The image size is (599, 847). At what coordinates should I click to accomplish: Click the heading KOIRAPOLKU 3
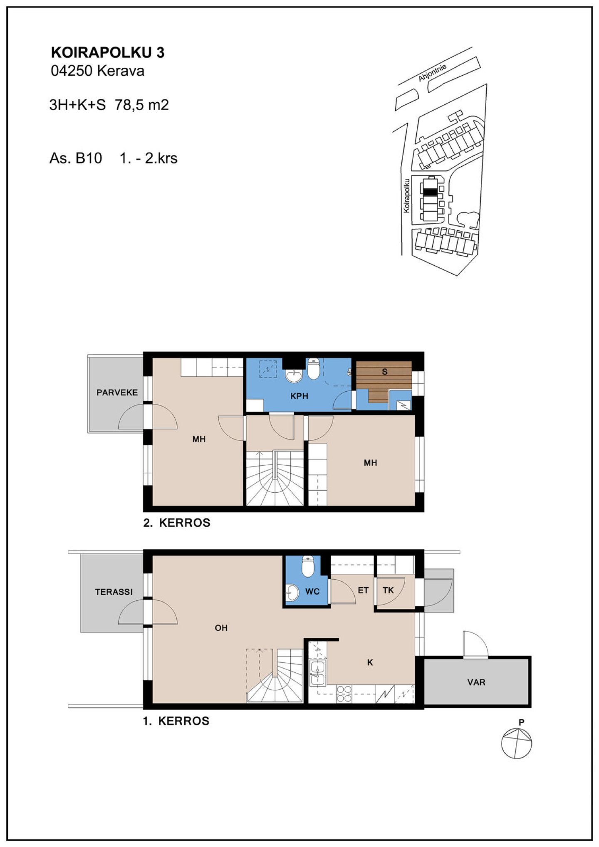tap(108, 52)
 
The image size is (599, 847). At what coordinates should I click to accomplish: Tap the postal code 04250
tap(71, 71)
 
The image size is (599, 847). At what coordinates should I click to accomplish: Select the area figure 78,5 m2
tap(142, 105)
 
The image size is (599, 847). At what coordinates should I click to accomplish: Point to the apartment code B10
tap(88, 158)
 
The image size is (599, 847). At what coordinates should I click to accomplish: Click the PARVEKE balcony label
tap(117, 393)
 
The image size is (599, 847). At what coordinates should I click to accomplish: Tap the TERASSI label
tap(114, 592)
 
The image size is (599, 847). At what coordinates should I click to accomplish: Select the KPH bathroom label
tap(299, 396)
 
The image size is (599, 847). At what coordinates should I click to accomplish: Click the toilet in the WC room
tap(308, 566)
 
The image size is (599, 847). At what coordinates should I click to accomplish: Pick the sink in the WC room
tap(292, 593)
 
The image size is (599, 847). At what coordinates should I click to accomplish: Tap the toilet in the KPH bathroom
tap(313, 368)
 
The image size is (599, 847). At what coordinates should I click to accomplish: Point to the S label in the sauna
tap(385, 372)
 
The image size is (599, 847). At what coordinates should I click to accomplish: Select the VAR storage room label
tap(476, 682)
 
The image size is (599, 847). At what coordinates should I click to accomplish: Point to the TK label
tap(388, 590)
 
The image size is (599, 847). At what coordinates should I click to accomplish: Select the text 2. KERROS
tap(177, 523)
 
